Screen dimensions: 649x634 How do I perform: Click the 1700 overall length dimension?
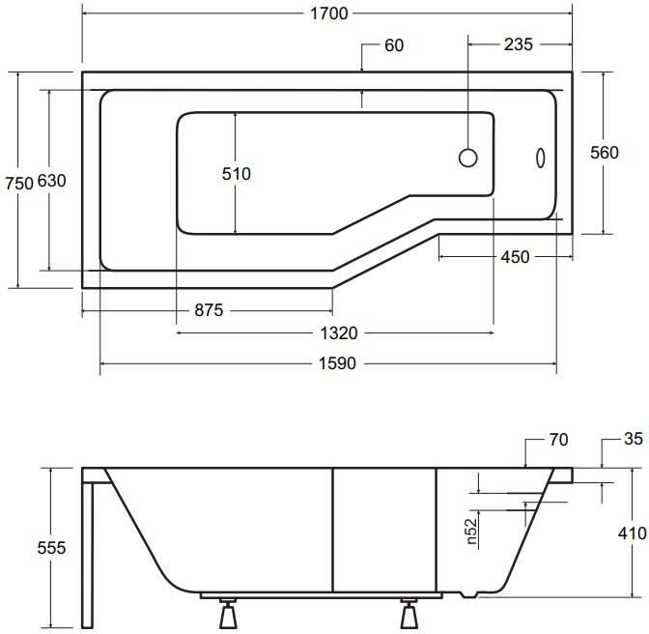point(329,14)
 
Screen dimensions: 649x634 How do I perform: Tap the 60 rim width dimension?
point(394,45)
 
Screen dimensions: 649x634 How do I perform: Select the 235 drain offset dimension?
point(519,44)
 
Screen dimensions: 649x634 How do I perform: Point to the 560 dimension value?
point(605,153)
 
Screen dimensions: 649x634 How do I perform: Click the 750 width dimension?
point(19,183)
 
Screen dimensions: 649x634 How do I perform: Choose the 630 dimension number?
point(52,181)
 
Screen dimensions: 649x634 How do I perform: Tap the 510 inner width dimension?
point(237,174)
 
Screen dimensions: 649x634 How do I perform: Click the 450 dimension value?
point(515,257)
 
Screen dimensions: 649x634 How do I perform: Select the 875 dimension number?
point(209,310)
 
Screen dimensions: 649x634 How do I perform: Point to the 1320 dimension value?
point(339,333)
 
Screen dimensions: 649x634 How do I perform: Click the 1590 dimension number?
point(337,363)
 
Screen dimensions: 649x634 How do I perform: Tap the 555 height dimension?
point(51,548)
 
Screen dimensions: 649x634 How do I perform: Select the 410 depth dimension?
point(632,533)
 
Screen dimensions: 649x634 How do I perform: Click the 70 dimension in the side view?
point(559,440)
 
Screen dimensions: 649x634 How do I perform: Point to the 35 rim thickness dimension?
point(634,439)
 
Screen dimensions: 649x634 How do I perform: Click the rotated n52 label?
point(472,532)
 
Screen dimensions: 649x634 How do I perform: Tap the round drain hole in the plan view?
point(468,158)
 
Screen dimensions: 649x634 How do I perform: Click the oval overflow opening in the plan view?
point(541,158)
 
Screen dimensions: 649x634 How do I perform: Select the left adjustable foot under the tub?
point(227,613)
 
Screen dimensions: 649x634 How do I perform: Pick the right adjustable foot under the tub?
point(409,613)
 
